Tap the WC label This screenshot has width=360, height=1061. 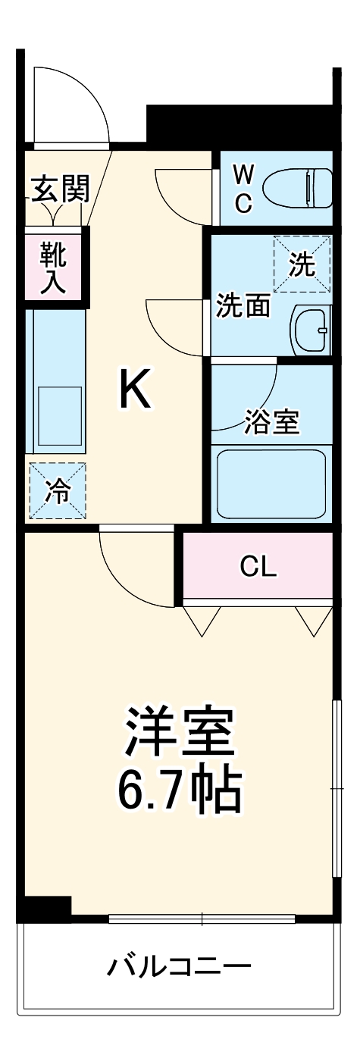click(243, 189)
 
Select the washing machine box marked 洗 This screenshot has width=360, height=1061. click(302, 263)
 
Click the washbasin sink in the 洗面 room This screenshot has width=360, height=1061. click(311, 330)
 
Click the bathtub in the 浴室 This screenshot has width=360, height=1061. click(271, 483)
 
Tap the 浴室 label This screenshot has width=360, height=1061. click(272, 422)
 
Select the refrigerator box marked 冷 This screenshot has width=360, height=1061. click(58, 491)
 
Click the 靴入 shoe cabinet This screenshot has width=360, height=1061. click(53, 268)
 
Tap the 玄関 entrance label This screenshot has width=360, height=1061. click(60, 188)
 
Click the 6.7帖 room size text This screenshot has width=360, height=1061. click(179, 790)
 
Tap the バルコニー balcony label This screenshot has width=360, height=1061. click(179, 966)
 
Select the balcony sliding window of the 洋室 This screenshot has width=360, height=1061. click(202, 919)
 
